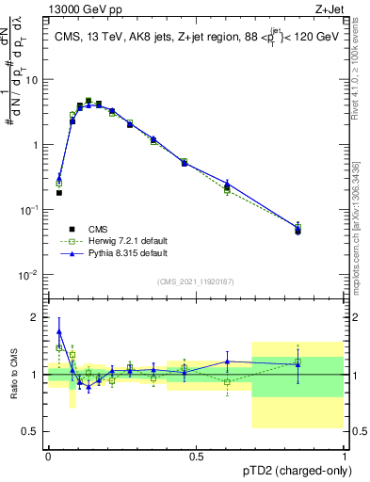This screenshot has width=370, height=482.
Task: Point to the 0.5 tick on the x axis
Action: [x=196, y=456]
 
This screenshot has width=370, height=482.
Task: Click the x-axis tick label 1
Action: [x=343, y=456]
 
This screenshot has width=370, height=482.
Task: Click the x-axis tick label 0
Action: [x=48, y=456]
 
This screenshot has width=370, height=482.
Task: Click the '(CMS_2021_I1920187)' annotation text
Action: [x=196, y=281]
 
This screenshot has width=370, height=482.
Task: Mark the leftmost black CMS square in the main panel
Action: [x=59, y=193]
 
